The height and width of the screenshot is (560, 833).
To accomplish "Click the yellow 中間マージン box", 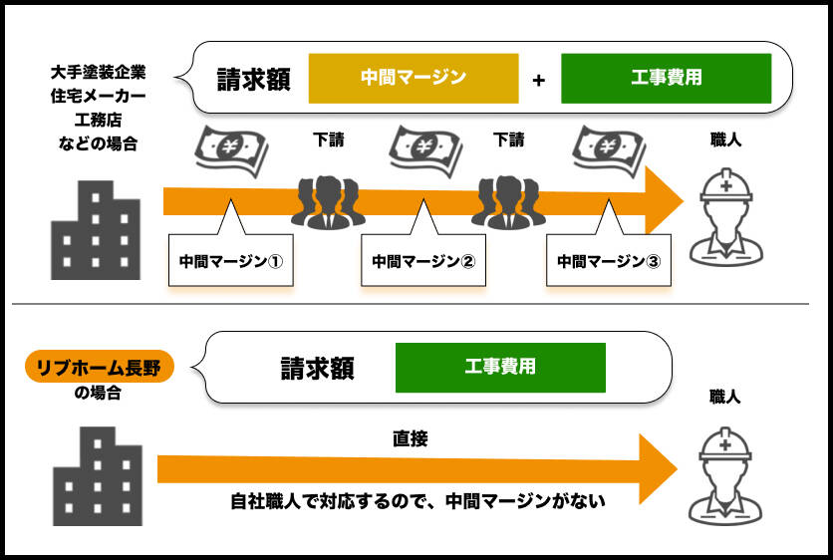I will (x=414, y=78).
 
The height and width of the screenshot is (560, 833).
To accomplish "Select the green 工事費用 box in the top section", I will (x=666, y=78).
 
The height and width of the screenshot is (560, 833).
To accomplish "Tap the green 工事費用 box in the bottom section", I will (x=500, y=367).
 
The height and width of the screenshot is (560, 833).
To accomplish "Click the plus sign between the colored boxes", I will (x=539, y=80).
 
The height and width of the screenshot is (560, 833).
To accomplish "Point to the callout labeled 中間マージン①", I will (x=231, y=261).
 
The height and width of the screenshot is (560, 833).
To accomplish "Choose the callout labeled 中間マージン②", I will (x=422, y=261).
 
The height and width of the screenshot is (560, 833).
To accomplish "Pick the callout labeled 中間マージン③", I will (x=608, y=261).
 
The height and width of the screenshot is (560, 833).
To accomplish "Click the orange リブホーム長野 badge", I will (x=99, y=367).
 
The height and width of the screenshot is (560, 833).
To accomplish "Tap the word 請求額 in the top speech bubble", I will (x=254, y=79).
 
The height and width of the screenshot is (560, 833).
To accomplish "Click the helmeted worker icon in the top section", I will (x=724, y=213).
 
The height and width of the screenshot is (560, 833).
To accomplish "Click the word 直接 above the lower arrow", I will (x=410, y=438).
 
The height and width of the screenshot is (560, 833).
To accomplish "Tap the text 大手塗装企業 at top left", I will (x=98, y=73).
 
